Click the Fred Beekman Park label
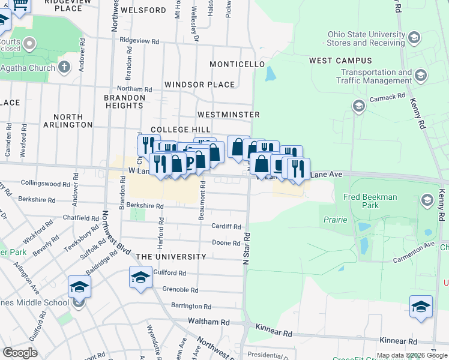[x=370, y=201]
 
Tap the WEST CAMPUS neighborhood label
[x=340, y=61]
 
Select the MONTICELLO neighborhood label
[x=237, y=64]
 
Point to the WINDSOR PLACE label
[x=199, y=85]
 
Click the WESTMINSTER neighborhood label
[x=228, y=114]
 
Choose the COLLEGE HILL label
[x=180, y=130]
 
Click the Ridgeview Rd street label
[x=139, y=41]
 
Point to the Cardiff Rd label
[x=226, y=227]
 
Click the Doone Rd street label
[x=226, y=243]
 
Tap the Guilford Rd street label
[x=170, y=273]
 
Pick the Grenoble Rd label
[x=180, y=289]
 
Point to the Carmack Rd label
[x=387, y=96]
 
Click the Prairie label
[x=336, y=220]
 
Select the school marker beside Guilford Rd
[x=141, y=277]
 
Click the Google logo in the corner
[x=20, y=352]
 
